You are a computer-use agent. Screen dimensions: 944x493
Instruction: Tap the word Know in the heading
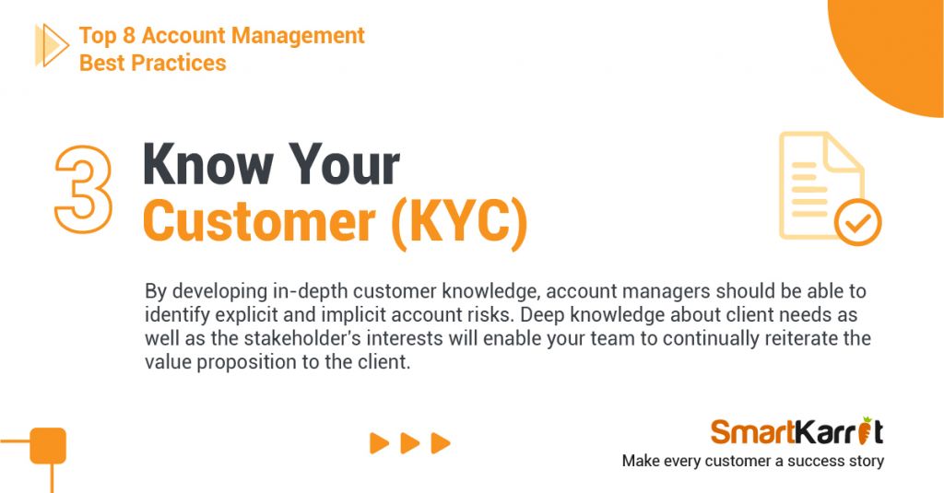pyautogui.click(x=208, y=164)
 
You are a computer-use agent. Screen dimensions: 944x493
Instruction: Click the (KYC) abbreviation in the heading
pyautogui.click(x=459, y=223)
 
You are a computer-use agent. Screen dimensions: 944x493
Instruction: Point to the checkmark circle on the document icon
pyautogui.click(x=858, y=222)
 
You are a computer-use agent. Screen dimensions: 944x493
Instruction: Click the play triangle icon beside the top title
pyautogui.click(x=52, y=45)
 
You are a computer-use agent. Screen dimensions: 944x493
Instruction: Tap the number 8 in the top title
pyautogui.click(x=129, y=36)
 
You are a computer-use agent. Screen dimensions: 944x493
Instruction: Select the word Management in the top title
pyautogui.click(x=298, y=36)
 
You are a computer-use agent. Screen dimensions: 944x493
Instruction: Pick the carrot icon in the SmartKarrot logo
pyautogui.click(x=865, y=429)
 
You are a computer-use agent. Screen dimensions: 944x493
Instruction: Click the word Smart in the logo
pyautogui.click(x=751, y=431)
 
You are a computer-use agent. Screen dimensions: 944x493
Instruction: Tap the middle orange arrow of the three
pyautogui.click(x=410, y=443)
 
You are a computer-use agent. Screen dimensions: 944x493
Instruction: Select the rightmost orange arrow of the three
pyautogui.click(x=441, y=443)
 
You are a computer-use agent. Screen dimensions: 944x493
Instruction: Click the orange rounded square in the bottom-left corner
pyautogui.click(x=48, y=445)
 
